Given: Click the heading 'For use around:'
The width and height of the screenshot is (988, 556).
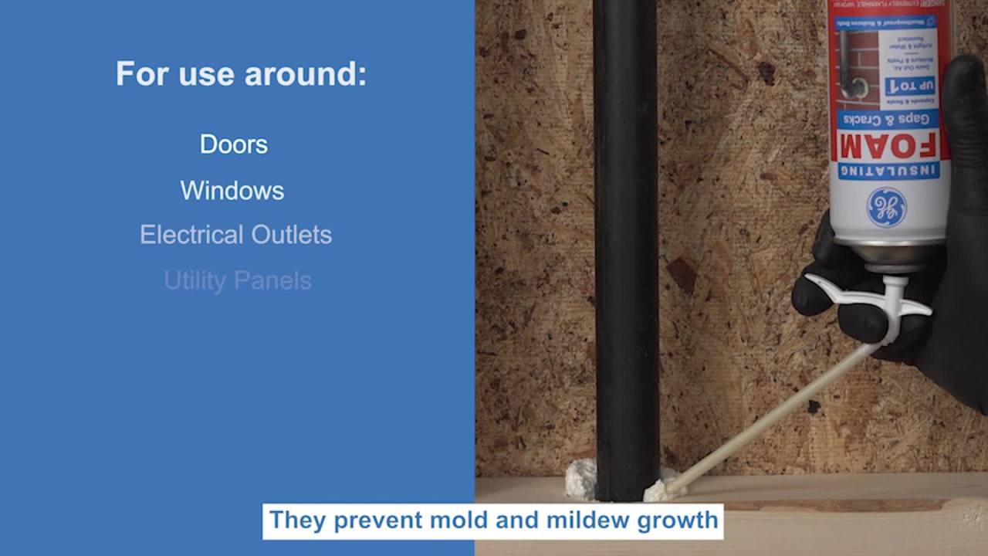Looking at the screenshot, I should click(x=241, y=74).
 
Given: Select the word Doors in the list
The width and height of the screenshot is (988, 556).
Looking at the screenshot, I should click(x=233, y=144).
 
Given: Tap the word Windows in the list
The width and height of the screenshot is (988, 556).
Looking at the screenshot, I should click(x=232, y=191).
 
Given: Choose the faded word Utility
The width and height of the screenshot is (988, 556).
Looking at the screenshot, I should click(x=195, y=280).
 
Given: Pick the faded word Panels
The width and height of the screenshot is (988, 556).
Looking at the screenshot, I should click(x=275, y=280).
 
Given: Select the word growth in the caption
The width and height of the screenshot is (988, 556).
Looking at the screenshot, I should click(x=677, y=520).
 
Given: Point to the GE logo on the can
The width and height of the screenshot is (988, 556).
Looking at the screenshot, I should click(x=886, y=208).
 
